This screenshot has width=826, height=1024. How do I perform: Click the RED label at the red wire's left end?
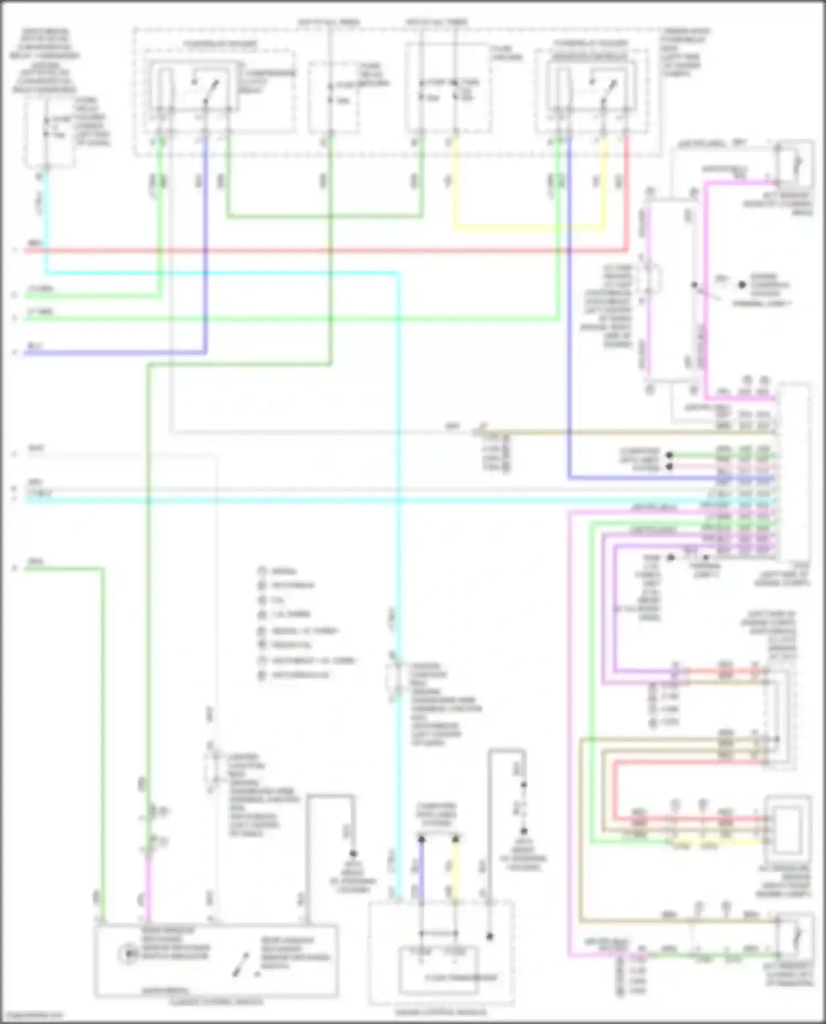click(x=34, y=243)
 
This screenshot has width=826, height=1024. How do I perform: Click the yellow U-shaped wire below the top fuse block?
click(x=529, y=226)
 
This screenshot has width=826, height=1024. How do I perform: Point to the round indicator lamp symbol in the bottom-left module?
click(x=128, y=953)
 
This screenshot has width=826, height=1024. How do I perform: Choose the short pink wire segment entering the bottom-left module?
click(x=148, y=891)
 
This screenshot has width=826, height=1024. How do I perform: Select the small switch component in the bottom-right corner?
click(x=795, y=935)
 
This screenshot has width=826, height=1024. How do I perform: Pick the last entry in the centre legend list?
click(x=295, y=675)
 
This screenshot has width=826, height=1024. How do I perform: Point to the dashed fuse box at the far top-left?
click(x=48, y=132)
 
